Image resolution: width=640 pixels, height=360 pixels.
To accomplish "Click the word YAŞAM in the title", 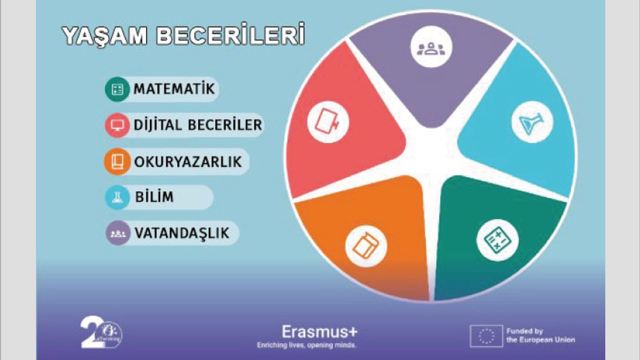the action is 104,36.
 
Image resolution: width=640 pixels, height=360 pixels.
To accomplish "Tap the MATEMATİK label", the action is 174,88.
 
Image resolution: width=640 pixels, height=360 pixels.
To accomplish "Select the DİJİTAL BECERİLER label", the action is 197,125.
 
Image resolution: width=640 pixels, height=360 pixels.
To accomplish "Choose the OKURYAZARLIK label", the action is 188,161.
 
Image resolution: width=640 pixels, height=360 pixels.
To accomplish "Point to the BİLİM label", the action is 154,197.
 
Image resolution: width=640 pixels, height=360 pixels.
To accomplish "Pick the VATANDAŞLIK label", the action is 182,233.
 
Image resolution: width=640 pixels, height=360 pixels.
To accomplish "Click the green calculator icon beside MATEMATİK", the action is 117,89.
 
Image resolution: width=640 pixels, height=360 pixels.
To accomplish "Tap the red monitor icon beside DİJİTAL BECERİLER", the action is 117,125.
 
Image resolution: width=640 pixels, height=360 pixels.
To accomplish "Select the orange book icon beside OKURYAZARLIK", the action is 117,161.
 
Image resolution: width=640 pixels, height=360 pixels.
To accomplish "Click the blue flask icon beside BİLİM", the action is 117,197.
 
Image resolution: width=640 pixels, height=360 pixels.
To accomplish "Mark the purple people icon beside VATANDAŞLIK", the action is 118,233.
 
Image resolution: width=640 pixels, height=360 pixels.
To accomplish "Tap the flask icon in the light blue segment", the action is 532,122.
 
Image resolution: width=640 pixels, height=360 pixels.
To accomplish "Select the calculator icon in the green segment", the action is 497,240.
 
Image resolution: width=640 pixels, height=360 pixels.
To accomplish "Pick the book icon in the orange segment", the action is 366,246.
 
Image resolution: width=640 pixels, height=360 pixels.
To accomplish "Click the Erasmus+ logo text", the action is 319,332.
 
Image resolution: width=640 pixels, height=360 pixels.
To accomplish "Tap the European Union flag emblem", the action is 486,336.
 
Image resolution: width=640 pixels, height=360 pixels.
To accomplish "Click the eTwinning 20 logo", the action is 101,333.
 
